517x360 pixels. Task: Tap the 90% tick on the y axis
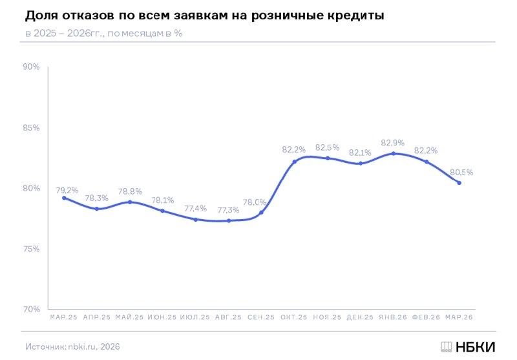[31, 67]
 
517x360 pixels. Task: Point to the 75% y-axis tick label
[31, 249]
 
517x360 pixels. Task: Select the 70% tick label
[31, 309]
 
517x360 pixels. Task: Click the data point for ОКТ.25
[295, 162]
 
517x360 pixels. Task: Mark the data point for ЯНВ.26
[394, 153]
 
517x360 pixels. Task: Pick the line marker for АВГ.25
[229, 221]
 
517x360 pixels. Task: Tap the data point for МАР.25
[64, 198]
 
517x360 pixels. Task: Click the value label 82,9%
[393, 142]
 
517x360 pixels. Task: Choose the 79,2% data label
[67, 190]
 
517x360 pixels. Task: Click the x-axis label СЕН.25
[261, 317]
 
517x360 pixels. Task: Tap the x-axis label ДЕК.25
[360, 317]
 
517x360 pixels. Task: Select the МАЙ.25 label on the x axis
[129, 317]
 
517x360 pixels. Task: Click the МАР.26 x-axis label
[459, 317]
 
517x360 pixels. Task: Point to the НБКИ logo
[467, 346]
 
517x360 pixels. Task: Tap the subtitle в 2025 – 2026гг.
[103, 33]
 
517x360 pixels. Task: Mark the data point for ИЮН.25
[162, 211]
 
